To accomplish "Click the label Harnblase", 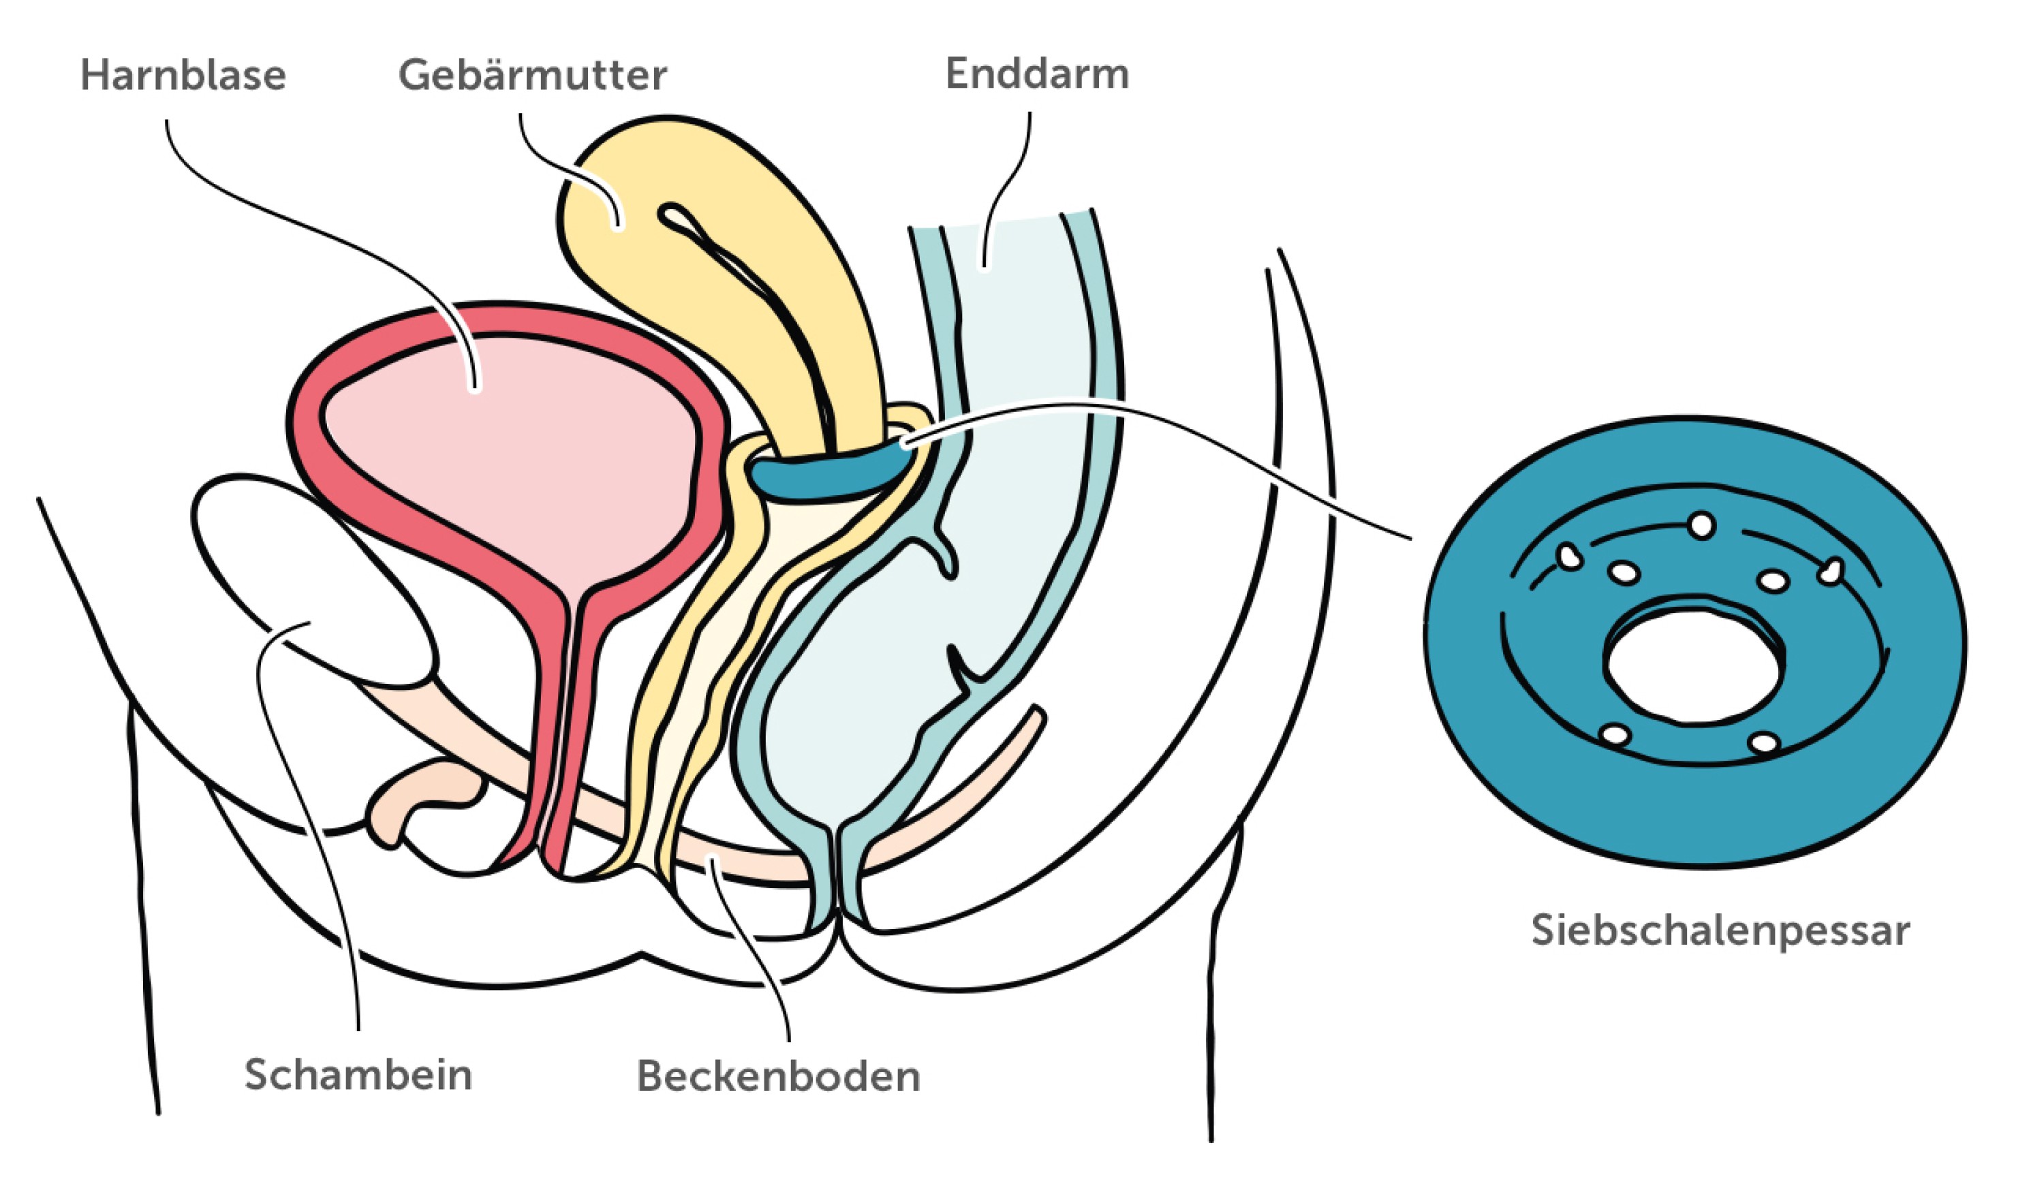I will tap(183, 76).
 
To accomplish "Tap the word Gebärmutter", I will tap(532, 76).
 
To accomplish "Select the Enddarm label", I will tap(1036, 74).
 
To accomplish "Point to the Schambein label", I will tap(358, 1075).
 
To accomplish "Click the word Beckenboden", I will tap(778, 1076).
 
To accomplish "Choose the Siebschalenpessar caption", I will tap(1720, 930).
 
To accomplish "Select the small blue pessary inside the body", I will tap(826, 473).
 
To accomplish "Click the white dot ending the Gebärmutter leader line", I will tap(618, 226).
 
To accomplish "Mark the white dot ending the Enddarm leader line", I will tap(985, 266).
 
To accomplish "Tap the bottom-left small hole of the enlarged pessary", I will tap(1615, 734).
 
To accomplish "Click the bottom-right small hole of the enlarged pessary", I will tap(1764, 742).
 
